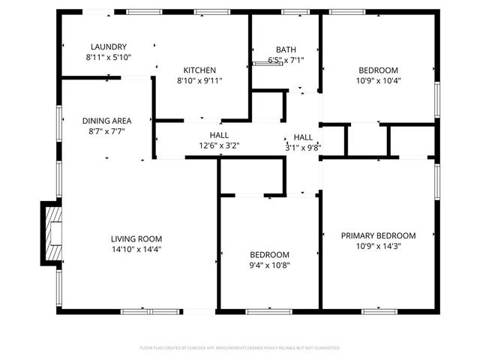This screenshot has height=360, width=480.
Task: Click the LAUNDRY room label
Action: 109,46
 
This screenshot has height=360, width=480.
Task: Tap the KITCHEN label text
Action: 199,70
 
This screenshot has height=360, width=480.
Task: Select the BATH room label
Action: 286,49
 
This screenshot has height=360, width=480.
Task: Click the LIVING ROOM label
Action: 136,239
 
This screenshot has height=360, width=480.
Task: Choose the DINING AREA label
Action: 107,120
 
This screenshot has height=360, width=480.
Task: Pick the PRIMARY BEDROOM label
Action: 378,235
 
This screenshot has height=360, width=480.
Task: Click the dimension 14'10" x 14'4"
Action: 136,250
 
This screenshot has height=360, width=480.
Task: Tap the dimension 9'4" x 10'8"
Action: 269,265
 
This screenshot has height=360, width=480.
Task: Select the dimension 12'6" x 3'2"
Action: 220,146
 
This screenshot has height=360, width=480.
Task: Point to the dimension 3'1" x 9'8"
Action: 303,148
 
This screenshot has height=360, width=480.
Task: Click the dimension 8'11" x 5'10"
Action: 109,57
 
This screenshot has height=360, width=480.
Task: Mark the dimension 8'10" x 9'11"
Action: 199,81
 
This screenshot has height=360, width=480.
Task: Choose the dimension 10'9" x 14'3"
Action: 378,246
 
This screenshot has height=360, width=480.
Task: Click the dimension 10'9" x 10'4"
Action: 378,81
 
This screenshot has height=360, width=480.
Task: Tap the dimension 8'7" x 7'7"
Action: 107,130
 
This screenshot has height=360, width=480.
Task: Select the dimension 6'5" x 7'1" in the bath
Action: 286,60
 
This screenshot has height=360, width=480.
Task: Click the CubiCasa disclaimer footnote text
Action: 240,348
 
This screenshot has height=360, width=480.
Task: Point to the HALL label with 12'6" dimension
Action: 220,135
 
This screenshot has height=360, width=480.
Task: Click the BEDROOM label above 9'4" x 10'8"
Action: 269,254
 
